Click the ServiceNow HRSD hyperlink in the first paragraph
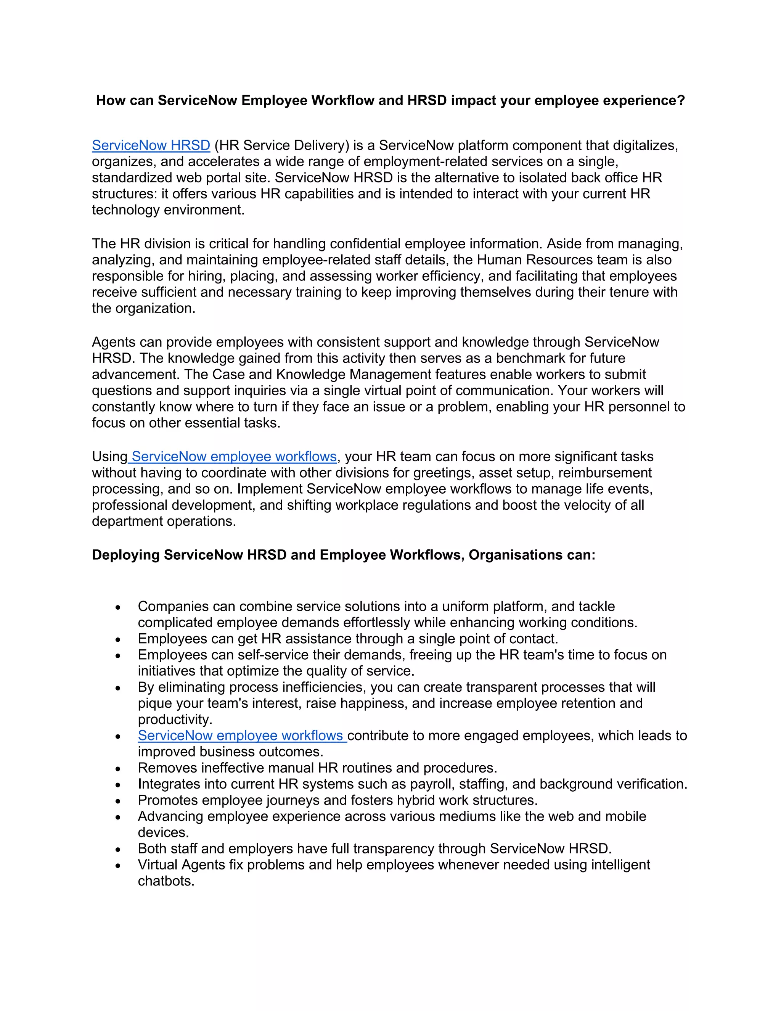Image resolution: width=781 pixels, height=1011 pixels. pos(151,145)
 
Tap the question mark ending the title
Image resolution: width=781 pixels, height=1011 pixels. pos(680,100)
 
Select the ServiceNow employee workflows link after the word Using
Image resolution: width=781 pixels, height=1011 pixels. pos(234,457)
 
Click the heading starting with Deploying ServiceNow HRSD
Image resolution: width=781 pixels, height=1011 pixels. pos(343,555)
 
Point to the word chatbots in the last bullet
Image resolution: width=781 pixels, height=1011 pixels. pos(165,881)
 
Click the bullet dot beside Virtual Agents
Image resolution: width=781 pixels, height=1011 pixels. pos(118,866)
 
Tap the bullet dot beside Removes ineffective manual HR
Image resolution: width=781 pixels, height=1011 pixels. pos(118,769)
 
